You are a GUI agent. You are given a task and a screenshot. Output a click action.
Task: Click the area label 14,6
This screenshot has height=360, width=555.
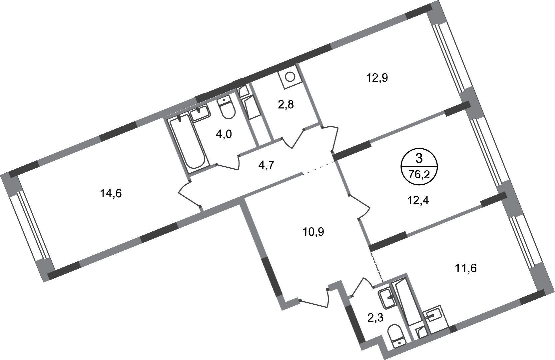pos(111,193)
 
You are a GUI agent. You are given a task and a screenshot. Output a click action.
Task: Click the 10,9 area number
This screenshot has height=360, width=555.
pos(313,231)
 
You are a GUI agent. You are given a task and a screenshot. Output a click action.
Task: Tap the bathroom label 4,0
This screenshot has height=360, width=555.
pos(224,134)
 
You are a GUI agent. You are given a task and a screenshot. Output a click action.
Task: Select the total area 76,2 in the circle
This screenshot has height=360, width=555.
pos(419,174)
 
